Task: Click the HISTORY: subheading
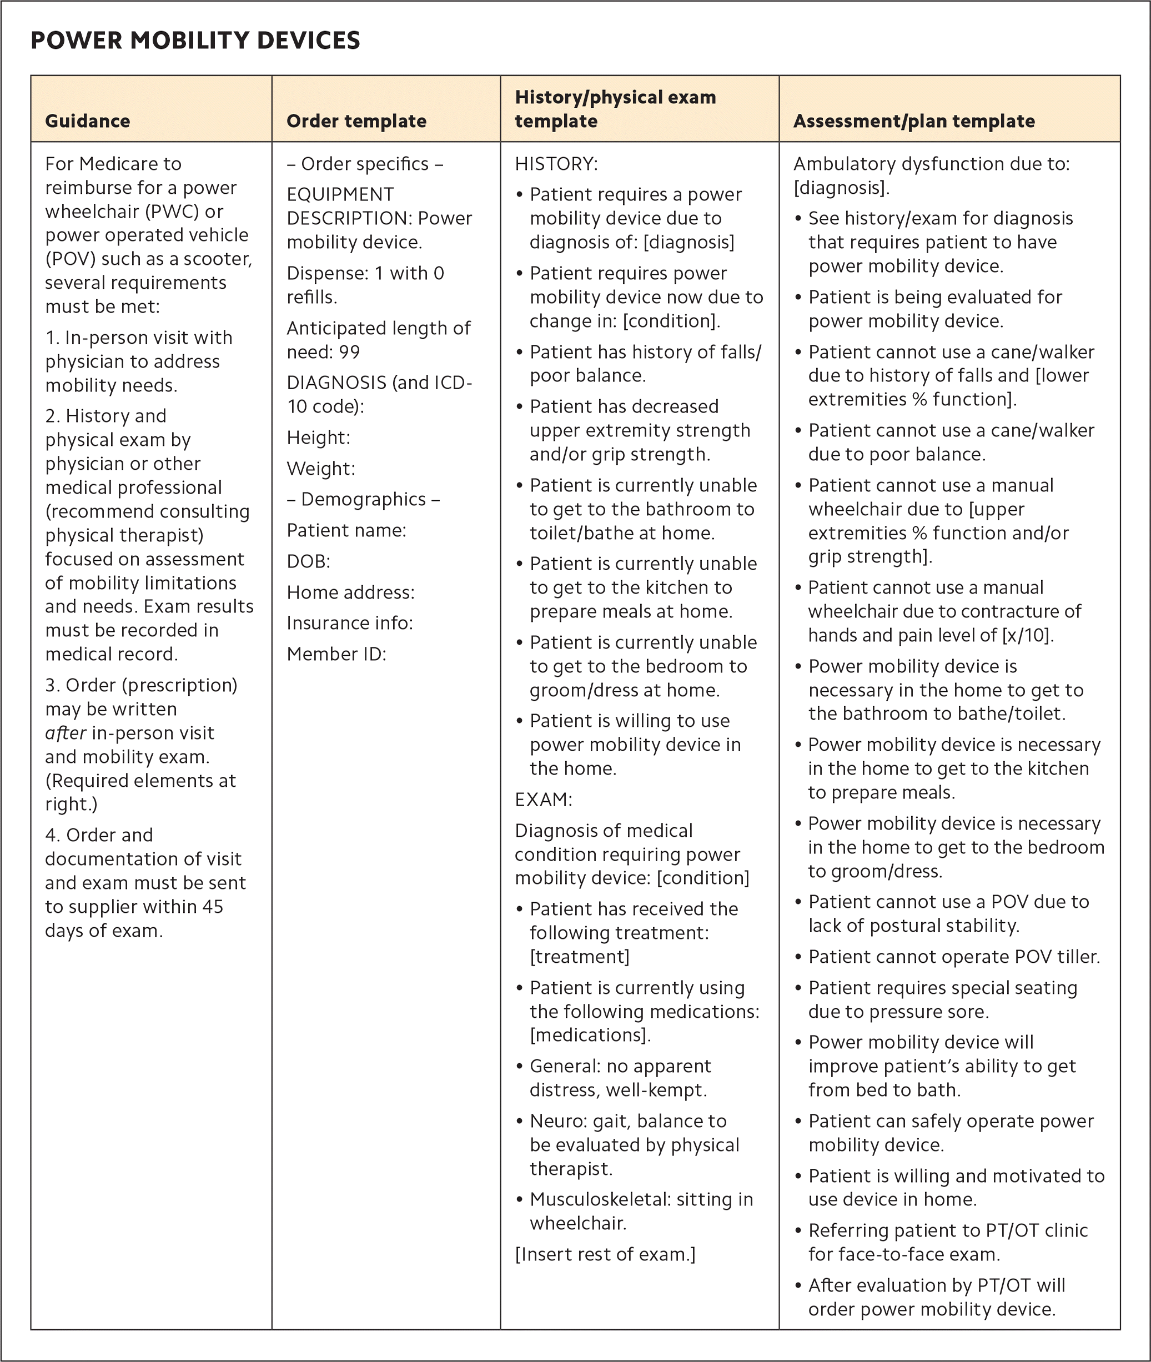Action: click(x=556, y=164)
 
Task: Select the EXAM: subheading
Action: click(x=543, y=800)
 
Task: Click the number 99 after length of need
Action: click(x=349, y=352)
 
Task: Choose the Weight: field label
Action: click(x=321, y=469)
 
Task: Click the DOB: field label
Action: click(x=309, y=561)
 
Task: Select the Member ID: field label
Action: click(x=336, y=654)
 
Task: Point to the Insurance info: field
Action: click(x=350, y=623)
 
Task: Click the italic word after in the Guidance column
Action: click(x=66, y=733)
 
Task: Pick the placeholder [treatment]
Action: click(x=580, y=957)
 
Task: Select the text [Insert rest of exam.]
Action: click(x=605, y=1254)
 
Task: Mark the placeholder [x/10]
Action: click(x=1027, y=635)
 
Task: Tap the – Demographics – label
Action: click(x=364, y=499)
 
